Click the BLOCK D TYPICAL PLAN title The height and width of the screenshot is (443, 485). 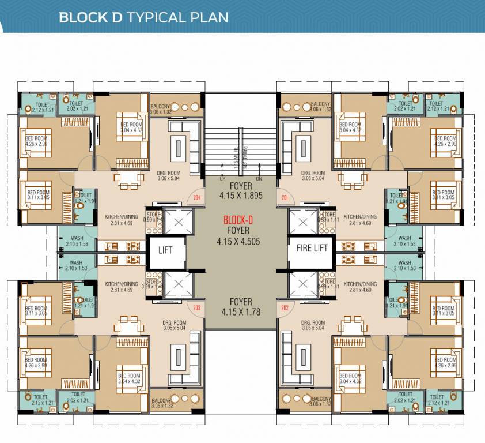[x=143, y=17]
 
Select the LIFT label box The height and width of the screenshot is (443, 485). [x=165, y=251]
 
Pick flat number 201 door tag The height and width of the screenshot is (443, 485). [x=284, y=197]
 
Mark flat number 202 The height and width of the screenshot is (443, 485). [x=284, y=307]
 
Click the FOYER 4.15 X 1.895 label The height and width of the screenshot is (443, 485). [x=241, y=192]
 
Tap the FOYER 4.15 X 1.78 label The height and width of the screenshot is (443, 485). [x=241, y=306]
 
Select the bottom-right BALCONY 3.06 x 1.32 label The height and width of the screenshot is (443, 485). [x=321, y=401]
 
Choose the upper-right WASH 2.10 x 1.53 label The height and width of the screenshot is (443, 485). [x=404, y=241]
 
